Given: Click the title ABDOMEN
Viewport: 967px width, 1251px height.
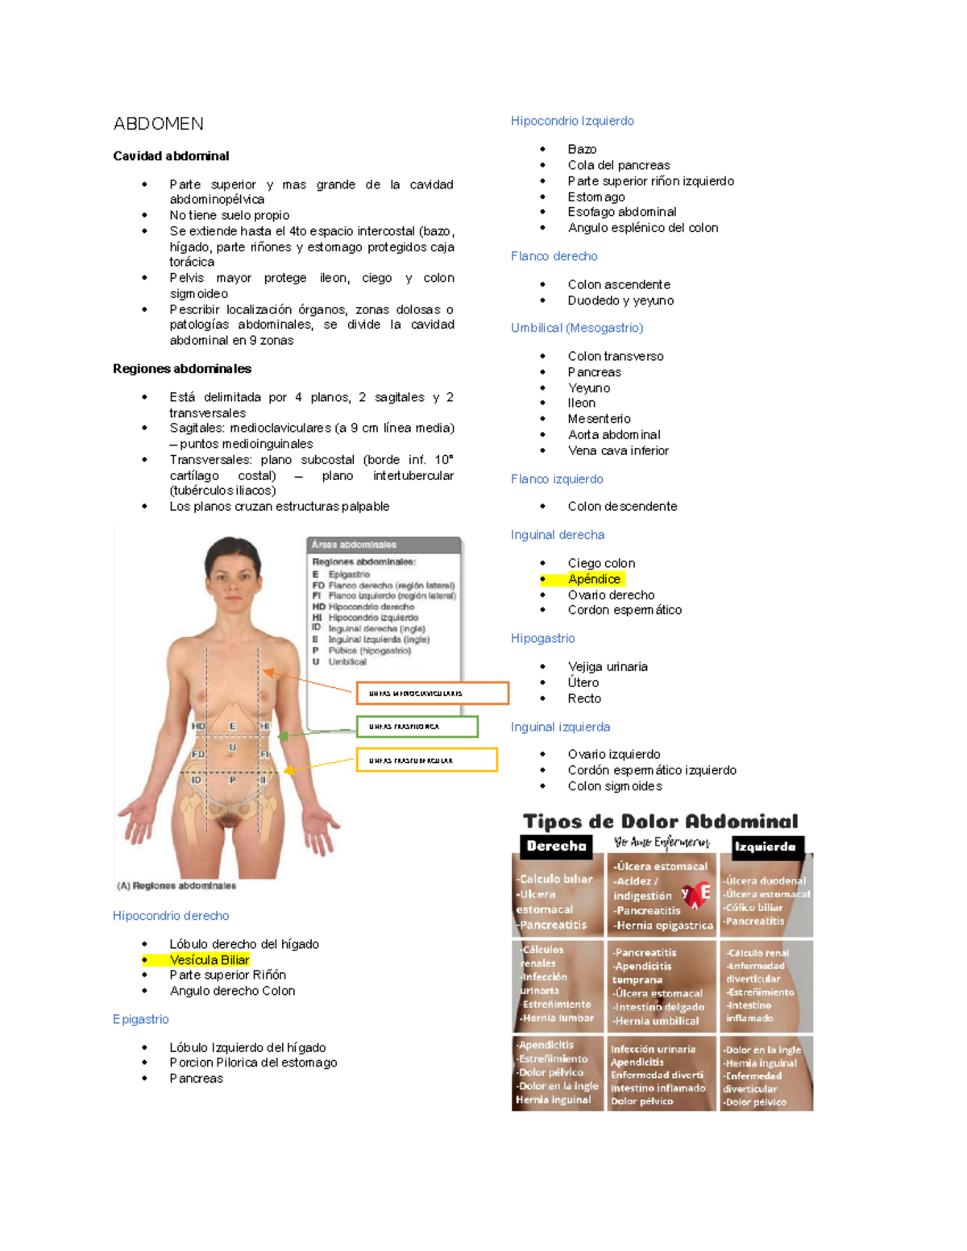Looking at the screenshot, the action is click(158, 124).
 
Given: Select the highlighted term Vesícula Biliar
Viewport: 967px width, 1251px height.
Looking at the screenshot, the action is click(210, 959).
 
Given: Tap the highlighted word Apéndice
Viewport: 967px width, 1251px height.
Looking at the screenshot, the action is click(594, 578).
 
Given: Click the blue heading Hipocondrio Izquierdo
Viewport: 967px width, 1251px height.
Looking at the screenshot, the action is click(572, 121).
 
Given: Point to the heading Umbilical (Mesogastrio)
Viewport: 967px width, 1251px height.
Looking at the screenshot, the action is click(577, 328).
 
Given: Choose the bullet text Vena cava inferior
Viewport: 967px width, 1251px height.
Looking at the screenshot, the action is click(618, 450).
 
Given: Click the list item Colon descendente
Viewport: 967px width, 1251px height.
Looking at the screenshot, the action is click(622, 506).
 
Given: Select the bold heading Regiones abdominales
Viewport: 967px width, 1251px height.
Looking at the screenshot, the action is click(182, 369).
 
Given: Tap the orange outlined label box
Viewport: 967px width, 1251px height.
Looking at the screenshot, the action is click(433, 693).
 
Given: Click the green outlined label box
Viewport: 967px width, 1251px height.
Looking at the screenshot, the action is click(417, 727).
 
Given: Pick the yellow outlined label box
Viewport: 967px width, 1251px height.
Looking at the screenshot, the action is click(427, 760).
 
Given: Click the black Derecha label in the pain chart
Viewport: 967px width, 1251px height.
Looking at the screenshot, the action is click(556, 846).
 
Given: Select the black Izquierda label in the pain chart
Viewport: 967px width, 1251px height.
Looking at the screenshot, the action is click(765, 847).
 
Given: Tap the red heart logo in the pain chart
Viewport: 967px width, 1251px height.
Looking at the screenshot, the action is click(695, 895).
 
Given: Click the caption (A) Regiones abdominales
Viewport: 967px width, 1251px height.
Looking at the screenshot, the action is click(176, 885).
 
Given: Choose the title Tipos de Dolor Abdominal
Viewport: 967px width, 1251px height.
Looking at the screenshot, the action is click(660, 822).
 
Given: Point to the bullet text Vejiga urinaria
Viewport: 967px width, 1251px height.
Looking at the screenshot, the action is click(608, 666).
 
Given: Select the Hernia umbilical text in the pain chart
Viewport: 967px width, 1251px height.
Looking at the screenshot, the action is click(656, 1021).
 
